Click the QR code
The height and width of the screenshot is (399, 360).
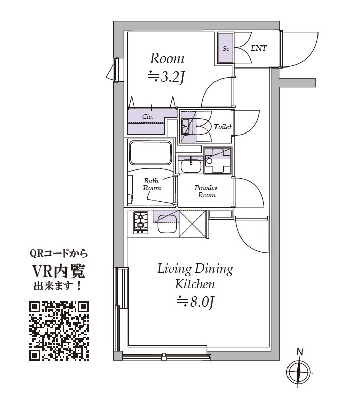tap(59, 330)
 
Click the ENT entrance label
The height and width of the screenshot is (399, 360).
tap(258, 48)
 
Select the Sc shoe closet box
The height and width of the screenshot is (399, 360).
tap(226, 49)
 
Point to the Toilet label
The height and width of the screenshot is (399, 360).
tap(222, 127)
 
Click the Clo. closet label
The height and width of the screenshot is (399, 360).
tap(148, 116)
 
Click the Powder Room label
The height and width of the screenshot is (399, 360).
tap(206, 191)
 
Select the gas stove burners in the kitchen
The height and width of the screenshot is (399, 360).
tap(141, 222)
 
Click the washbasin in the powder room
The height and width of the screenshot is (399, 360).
tap(190, 165)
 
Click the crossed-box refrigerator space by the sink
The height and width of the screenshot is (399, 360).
tap(193, 224)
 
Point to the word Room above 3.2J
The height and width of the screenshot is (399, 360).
tap(167, 58)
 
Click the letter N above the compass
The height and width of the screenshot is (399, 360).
tap(299, 352)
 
